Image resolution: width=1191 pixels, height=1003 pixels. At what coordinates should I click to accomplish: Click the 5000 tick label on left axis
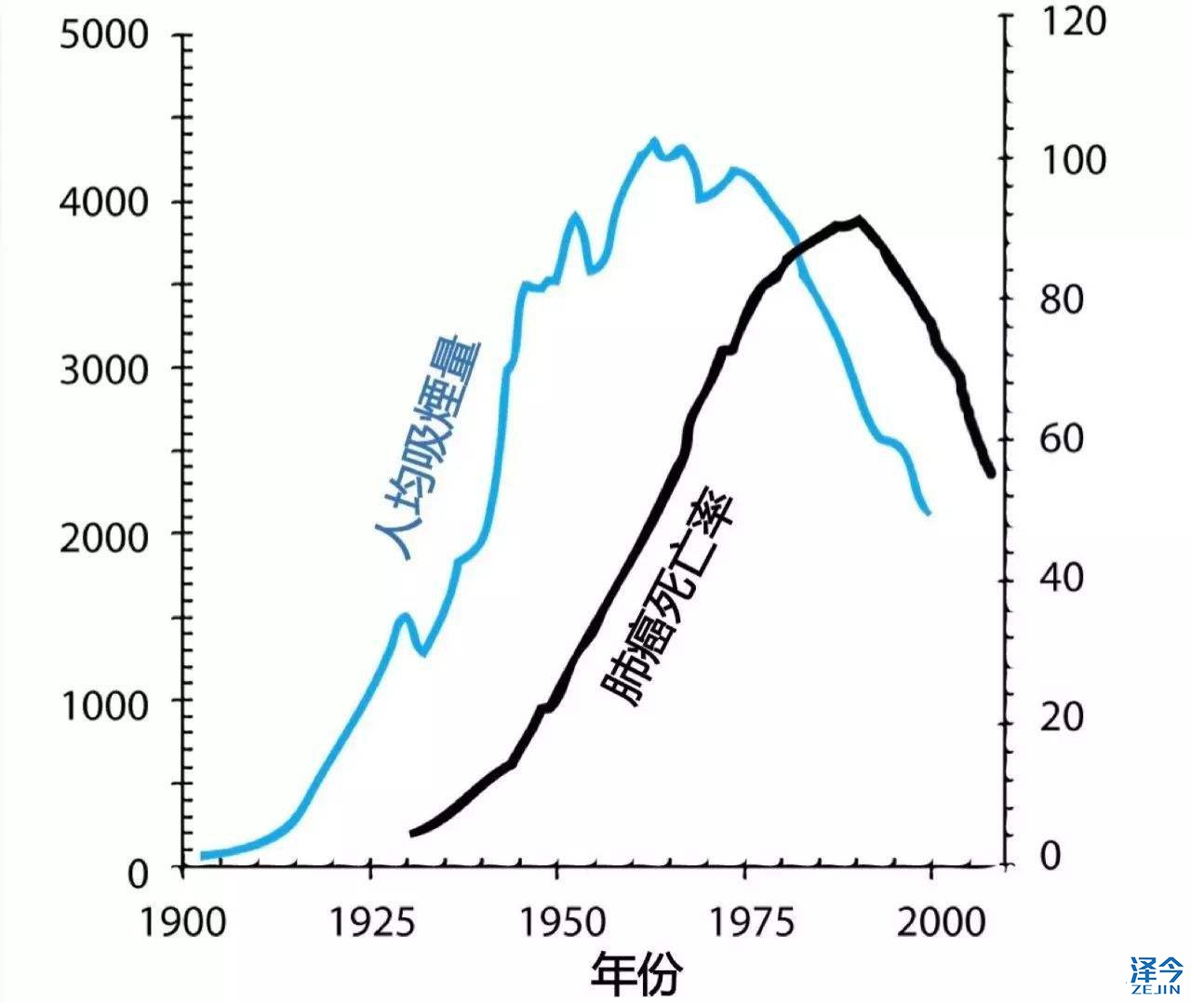tap(103, 35)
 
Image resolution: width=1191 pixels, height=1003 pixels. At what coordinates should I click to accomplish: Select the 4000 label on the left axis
tap(103, 203)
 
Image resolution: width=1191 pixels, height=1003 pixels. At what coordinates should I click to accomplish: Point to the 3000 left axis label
tap(103, 370)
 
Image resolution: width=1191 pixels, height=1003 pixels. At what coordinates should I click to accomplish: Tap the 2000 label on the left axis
tap(103, 538)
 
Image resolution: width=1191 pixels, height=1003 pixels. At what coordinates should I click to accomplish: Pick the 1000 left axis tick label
tap(103, 705)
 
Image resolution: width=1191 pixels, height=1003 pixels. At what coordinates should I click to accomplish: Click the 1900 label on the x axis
tap(183, 922)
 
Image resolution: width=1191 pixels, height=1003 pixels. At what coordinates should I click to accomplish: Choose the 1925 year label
tap(371, 922)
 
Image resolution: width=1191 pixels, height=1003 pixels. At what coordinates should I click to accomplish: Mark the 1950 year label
tap(558, 922)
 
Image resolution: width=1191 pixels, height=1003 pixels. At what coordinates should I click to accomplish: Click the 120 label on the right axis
tap(1070, 20)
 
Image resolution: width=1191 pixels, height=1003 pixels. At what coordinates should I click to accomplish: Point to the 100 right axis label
tap(1070, 160)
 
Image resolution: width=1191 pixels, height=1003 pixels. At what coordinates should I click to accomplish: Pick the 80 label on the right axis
tap(1059, 300)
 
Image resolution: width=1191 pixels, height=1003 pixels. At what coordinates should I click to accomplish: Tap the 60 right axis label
tap(1059, 439)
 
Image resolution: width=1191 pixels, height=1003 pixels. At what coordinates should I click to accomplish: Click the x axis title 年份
tap(636, 974)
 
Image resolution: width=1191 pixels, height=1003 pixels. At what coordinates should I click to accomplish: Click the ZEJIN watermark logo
tap(1157, 974)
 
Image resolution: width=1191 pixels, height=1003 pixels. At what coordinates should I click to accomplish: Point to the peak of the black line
tap(858, 220)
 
